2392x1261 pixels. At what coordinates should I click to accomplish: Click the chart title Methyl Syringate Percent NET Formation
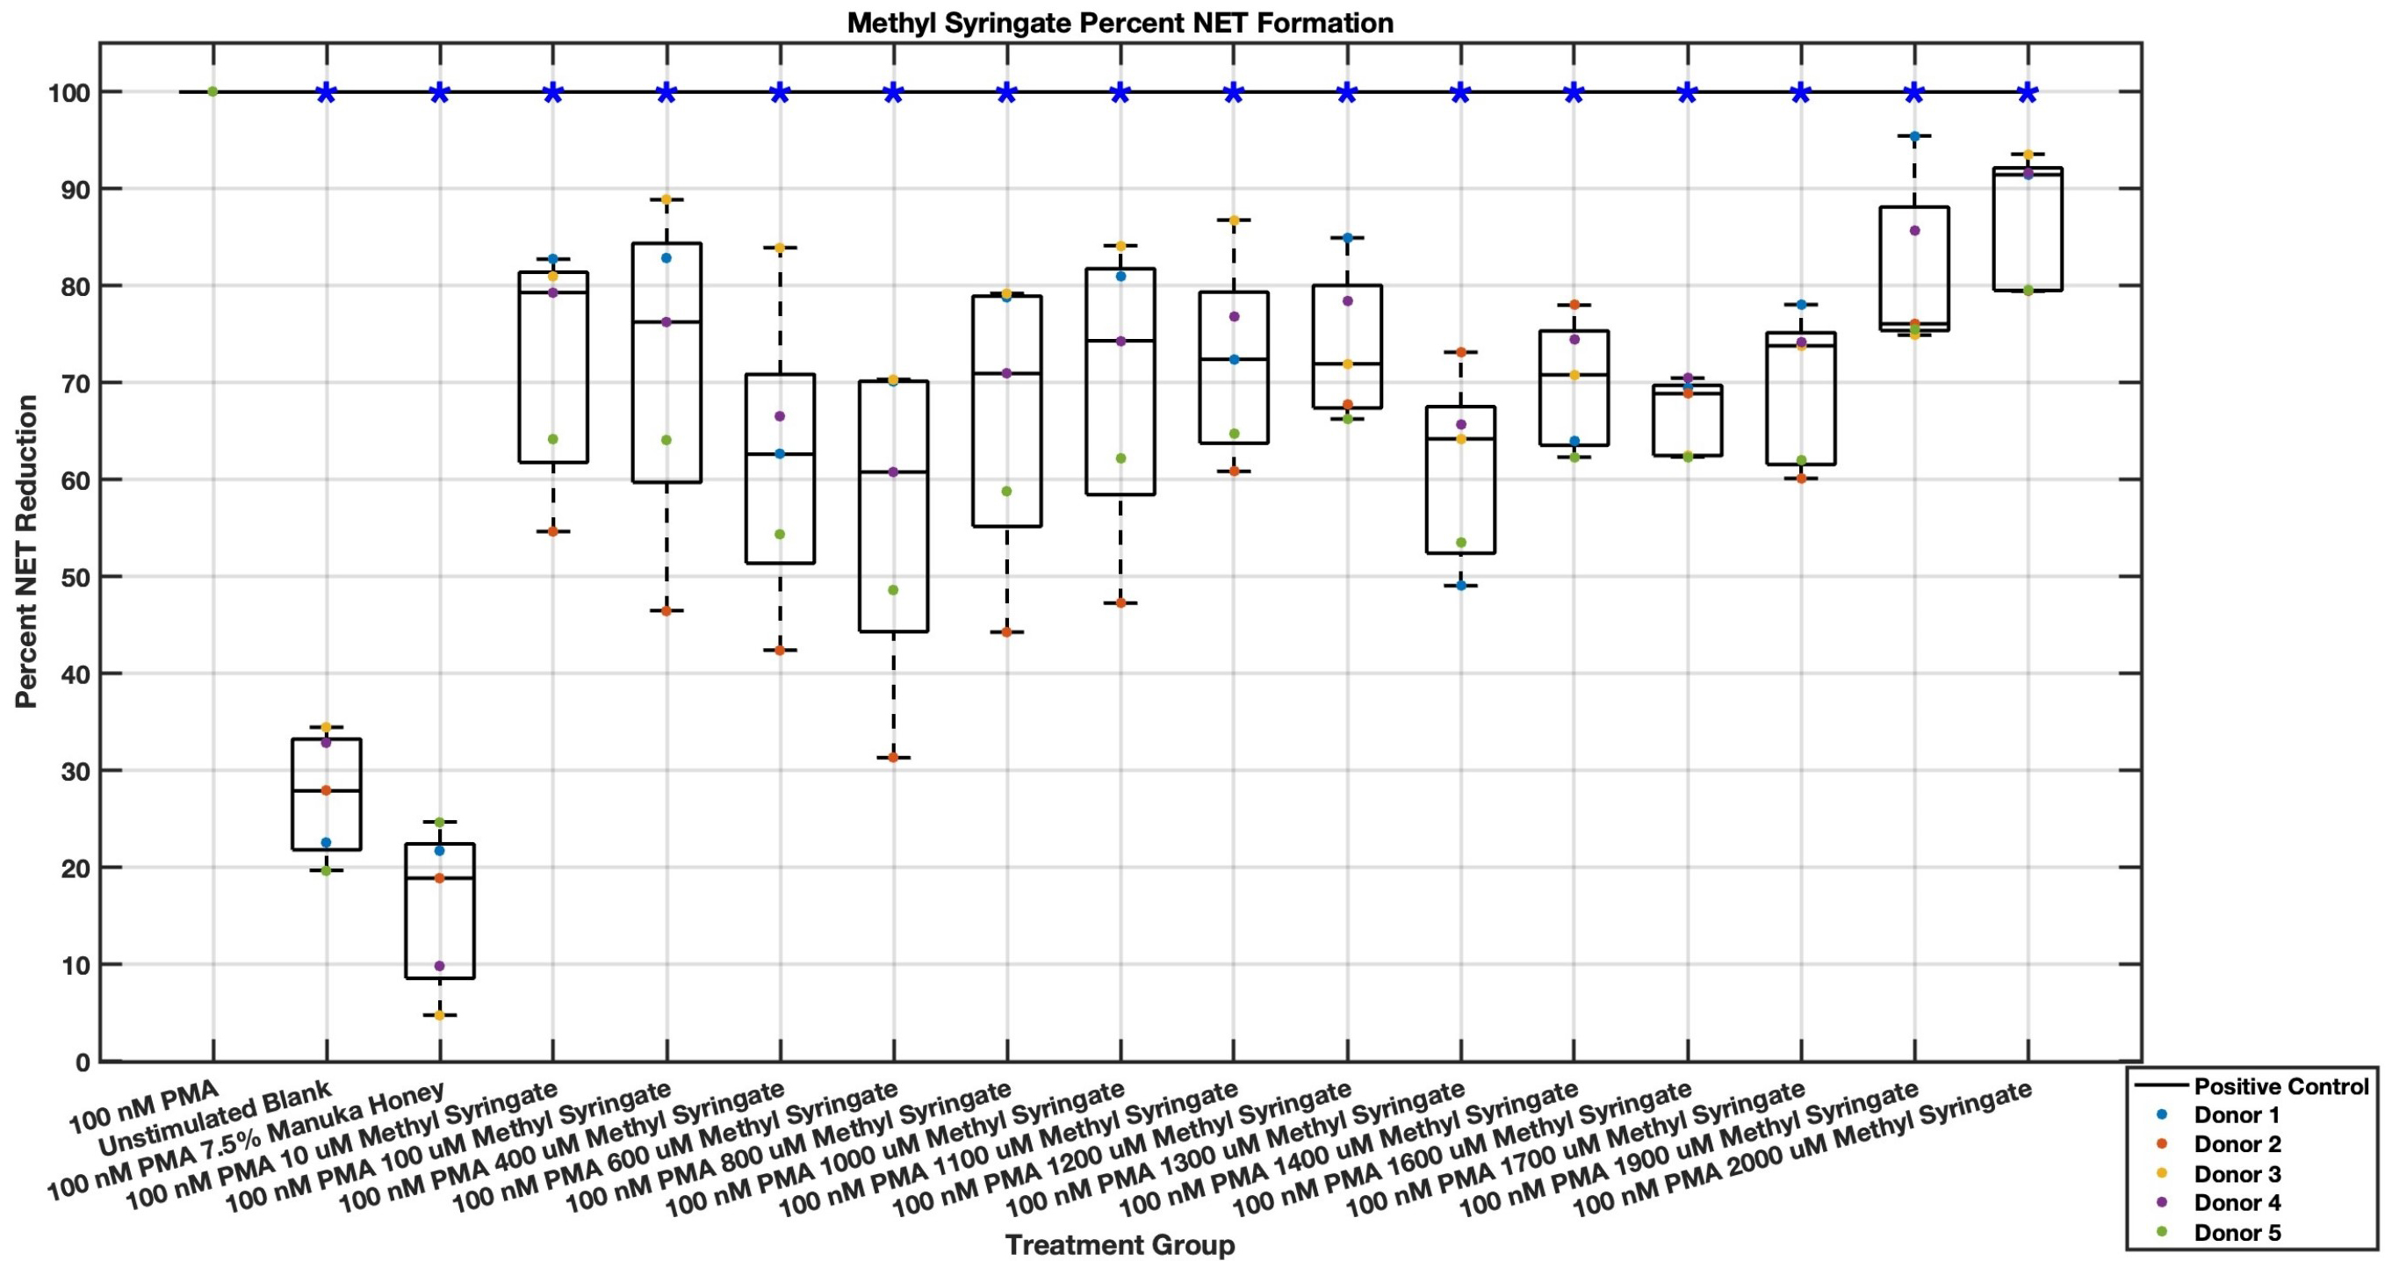pos(1120,22)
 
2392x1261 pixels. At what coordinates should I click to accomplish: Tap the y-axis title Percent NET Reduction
pos(27,551)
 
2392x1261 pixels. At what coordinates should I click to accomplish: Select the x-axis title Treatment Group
pos(1120,1244)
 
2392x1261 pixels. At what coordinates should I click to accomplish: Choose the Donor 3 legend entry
pos(2237,1174)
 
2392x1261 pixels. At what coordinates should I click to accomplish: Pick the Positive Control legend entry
pos(2280,1085)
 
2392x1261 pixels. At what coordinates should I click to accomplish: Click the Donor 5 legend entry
pos(2237,1232)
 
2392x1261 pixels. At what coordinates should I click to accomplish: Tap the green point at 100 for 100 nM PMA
pos(213,91)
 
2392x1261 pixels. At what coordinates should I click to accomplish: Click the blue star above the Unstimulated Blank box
pos(326,92)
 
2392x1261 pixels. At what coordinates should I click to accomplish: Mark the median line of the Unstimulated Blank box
pos(326,790)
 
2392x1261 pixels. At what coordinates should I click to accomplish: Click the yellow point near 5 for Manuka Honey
pos(439,1015)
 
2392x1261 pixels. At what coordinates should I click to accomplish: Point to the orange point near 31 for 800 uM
pos(893,758)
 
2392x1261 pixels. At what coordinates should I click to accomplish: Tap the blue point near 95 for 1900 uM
pos(1913,136)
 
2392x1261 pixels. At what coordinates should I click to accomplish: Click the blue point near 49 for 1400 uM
pos(1460,586)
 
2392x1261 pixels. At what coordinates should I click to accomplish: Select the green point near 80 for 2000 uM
pos(2028,291)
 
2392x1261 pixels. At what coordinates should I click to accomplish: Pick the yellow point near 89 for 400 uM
pos(666,199)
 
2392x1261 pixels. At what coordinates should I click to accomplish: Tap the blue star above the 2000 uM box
pos(2028,92)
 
